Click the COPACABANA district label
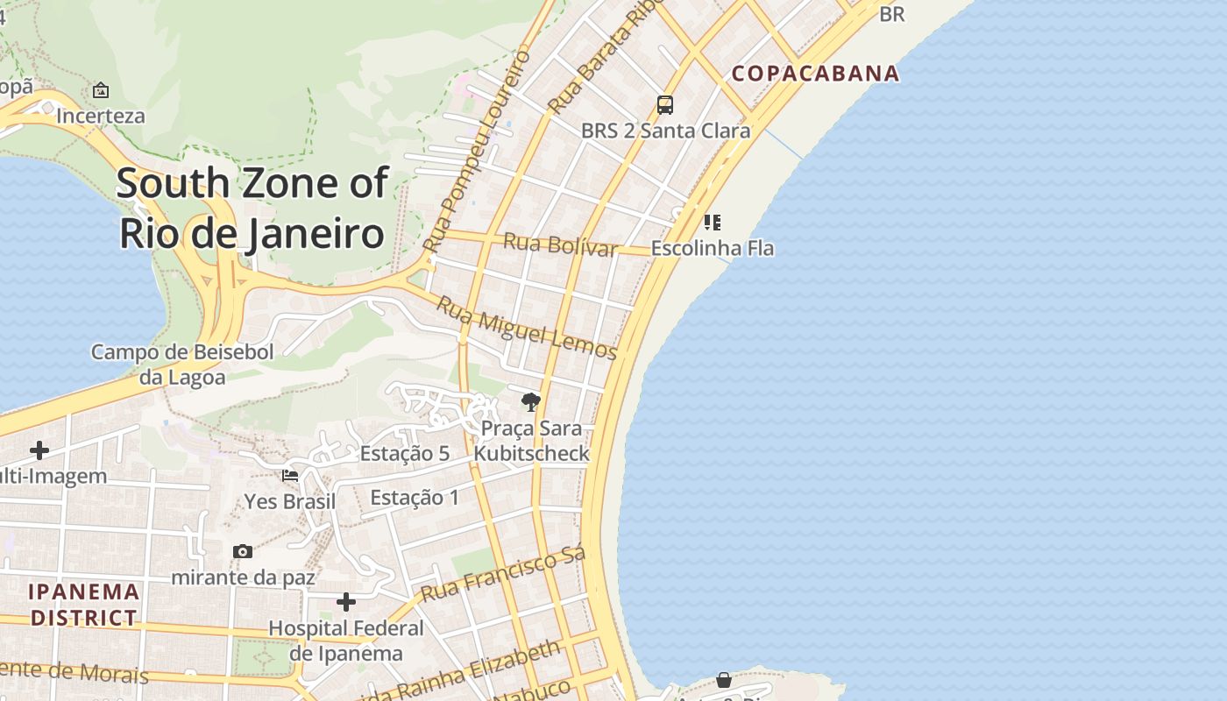(x=816, y=74)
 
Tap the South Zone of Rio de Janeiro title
(x=252, y=209)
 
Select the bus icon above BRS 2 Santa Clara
(x=665, y=105)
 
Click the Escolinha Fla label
(x=713, y=248)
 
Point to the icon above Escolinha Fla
(x=713, y=222)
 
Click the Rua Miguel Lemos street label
(x=527, y=329)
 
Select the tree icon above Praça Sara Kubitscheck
(x=530, y=402)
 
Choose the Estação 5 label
(x=405, y=453)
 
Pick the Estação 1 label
(x=415, y=498)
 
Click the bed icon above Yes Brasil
(x=290, y=476)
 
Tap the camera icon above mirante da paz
(x=243, y=551)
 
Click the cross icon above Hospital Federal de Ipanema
(x=346, y=602)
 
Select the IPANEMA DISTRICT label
(x=84, y=605)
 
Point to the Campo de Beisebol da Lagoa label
(x=182, y=365)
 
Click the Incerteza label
(x=101, y=116)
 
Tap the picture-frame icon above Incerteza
(x=101, y=90)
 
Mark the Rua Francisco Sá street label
(x=503, y=574)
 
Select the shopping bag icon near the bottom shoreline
(x=724, y=680)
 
